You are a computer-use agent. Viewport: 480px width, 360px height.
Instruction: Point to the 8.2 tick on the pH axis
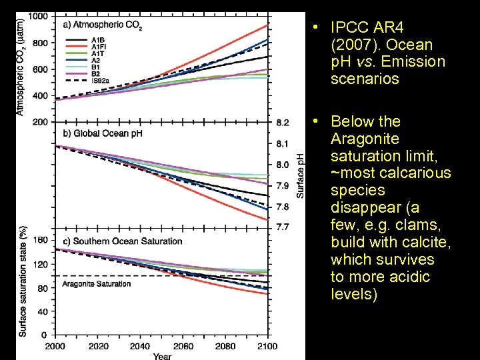click(x=283, y=123)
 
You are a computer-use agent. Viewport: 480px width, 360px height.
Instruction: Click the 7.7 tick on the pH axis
click(x=283, y=227)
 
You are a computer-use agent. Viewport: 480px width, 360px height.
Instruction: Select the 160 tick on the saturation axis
click(x=41, y=239)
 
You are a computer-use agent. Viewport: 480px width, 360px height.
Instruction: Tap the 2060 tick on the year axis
click(x=183, y=347)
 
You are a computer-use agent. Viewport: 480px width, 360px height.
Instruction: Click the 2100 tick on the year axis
click(x=267, y=347)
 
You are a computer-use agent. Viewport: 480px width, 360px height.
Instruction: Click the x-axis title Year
click(x=161, y=356)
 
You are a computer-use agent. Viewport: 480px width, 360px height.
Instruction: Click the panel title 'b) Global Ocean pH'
click(x=103, y=133)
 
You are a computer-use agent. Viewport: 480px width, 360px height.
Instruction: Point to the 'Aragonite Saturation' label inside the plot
click(x=97, y=284)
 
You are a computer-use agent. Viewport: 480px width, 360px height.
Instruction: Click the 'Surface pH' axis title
click(x=301, y=175)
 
